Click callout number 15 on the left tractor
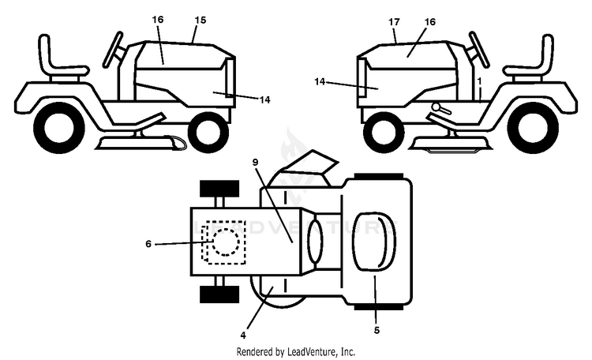click(200, 20)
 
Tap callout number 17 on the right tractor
click(394, 22)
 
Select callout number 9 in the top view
click(255, 162)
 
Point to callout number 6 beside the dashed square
click(148, 244)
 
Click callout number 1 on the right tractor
click(479, 81)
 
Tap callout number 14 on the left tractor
click(265, 99)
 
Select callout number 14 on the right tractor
click(320, 81)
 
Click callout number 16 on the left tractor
click(158, 19)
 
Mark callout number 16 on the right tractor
click(430, 22)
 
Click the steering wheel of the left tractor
click(113, 50)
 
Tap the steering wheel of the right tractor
click(479, 50)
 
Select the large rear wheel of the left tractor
click(59, 128)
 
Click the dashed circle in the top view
click(226, 229)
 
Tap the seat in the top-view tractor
click(374, 242)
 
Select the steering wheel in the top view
click(315, 242)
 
